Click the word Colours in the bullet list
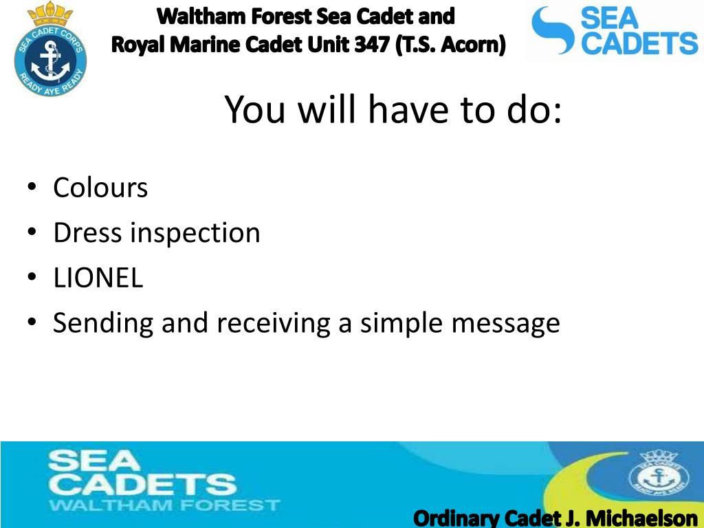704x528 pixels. (x=100, y=188)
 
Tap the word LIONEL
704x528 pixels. (x=98, y=278)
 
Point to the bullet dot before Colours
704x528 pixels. (x=31, y=186)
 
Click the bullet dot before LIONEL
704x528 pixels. (x=31, y=276)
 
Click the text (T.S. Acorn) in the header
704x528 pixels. (x=450, y=45)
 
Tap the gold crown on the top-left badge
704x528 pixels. (x=49, y=14)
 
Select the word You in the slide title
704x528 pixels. (x=255, y=109)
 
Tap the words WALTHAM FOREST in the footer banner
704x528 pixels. (x=164, y=505)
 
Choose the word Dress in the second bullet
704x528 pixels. (x=87, y=233)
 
